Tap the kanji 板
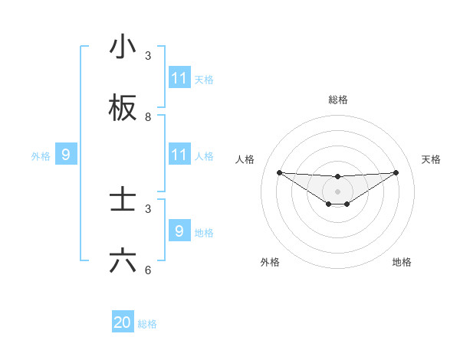pyautogui.click(x=123, y=109)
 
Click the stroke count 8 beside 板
pyautogui.click(x=149, y=117)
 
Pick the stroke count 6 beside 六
pyautogui.click(x=149, y=270)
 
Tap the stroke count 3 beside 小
pyautogui.click(x=149, y=56)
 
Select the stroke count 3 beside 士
pyautogui.click(x=149, y=208)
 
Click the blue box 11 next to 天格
pyautogui.click(x=179, y=78)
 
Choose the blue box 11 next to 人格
pyautogui.click(x=179, y=155)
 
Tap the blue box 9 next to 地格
pyautogui.click(x=179, y=231)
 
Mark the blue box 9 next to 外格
pyautogui.click(x=66, y=155)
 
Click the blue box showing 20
pyautogui.click(x=123, y=322)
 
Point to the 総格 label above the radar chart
pyautogui.click(x=338, y=100)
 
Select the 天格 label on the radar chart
pyautogui.click(x=431, y=159)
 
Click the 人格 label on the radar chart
pyautogui.click(x=245, y=159)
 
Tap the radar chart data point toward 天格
pyautogui.click(x=396, y=172)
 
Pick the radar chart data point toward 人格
pyautogui.click(x=279, y=172)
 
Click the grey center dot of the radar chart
pyautogui.click(x=338, y=191)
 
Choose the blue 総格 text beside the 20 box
pyautogui.click(x=147, y=324)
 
